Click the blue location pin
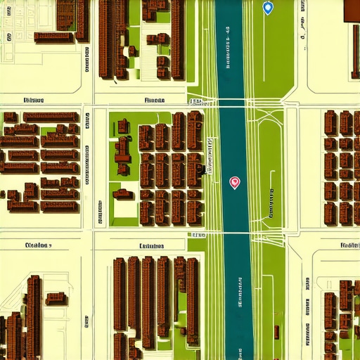pos(267,8)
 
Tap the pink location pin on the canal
pos(235,183)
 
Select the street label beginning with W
pos(37,246)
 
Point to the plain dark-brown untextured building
pos(351,9)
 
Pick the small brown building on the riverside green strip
pos(276,331)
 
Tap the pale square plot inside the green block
pos(125,209)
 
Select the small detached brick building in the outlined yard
pos(56,299)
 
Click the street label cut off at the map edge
pos(349,246)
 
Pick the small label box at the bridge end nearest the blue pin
pos(195,102)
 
